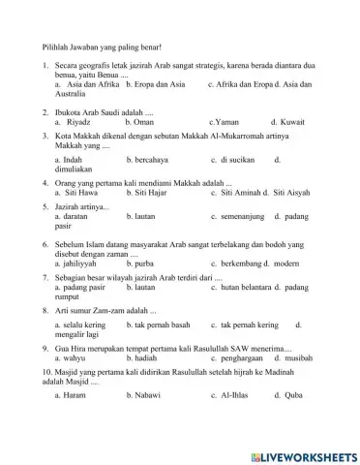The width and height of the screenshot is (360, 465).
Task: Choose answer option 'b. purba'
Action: click(140, 263)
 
